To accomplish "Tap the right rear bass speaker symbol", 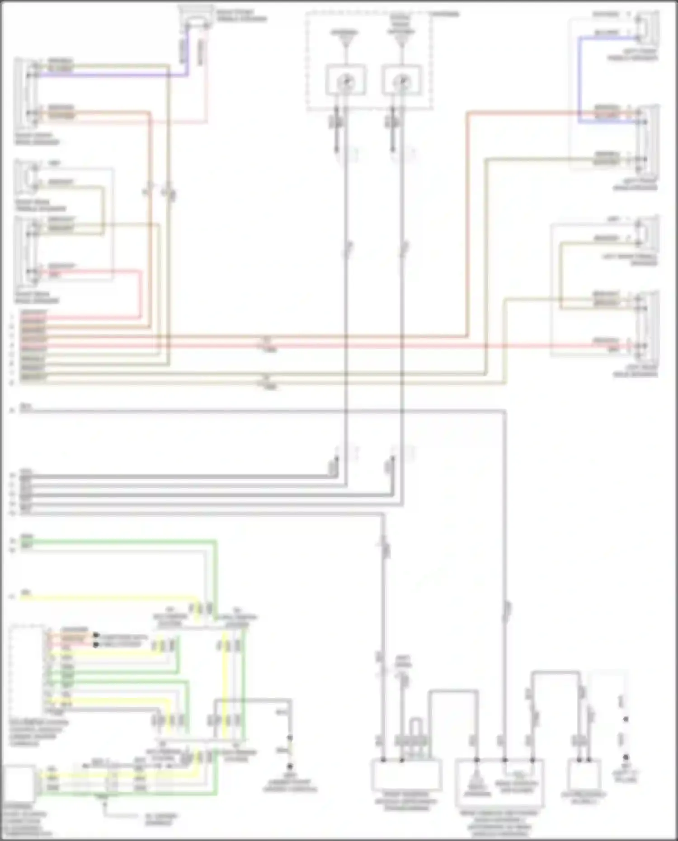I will tap(25, 251).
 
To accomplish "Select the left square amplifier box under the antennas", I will tap(346, 80).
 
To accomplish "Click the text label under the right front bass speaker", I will tap(36, 139).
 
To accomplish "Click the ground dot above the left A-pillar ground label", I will tap(626, 756).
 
